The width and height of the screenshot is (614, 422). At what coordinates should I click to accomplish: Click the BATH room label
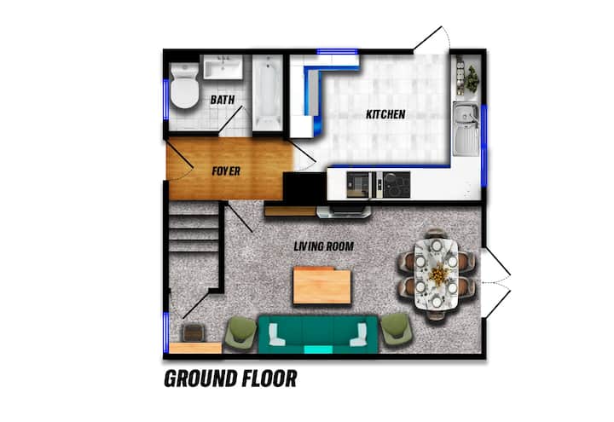pyautogui.click(x=223, y=100)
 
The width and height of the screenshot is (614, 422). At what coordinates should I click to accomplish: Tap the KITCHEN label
pyautogui.click(x=385, y=114)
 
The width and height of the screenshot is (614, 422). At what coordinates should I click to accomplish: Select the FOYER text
pyautogui.click(x=226, y=171)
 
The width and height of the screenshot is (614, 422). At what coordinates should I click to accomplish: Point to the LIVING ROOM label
pyautogui.click(x=323, y=246)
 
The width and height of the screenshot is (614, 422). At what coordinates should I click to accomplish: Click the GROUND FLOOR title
pyautogui.click(x=230, y=379)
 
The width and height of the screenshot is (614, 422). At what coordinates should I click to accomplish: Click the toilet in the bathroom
pyautogui.click(x=184, y=86)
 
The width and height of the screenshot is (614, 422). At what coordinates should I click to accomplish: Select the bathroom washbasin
pyautogui.click(x=223, y=67)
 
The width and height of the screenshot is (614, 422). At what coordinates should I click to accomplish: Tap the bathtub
pyautogui.click(x=268, y=93)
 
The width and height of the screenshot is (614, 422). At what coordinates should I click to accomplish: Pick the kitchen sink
pyautogui.click(x=466, y=129)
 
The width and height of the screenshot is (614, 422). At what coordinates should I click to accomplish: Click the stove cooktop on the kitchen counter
pyautogui.click(x=397, y=184)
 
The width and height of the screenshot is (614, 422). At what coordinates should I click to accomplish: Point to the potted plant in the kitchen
pyautogui.click(x=472, y=79)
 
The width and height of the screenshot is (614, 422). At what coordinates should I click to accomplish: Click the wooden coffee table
pyautogui.click(x=321, y=286)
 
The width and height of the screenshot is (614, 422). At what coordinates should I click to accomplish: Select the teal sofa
pyautogui.click(x=317, y=335)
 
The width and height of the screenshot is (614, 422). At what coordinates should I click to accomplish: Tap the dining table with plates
pyautogui.click(x=436, y=274)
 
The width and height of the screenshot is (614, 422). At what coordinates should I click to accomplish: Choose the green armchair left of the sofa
pyautogui.click(x=241, y=332)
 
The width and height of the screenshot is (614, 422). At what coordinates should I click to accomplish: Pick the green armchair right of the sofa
pyautogui.click(x=397, y=330)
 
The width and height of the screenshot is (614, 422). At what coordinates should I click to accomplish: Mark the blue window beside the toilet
pyautogui.click(x=166, y=100)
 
